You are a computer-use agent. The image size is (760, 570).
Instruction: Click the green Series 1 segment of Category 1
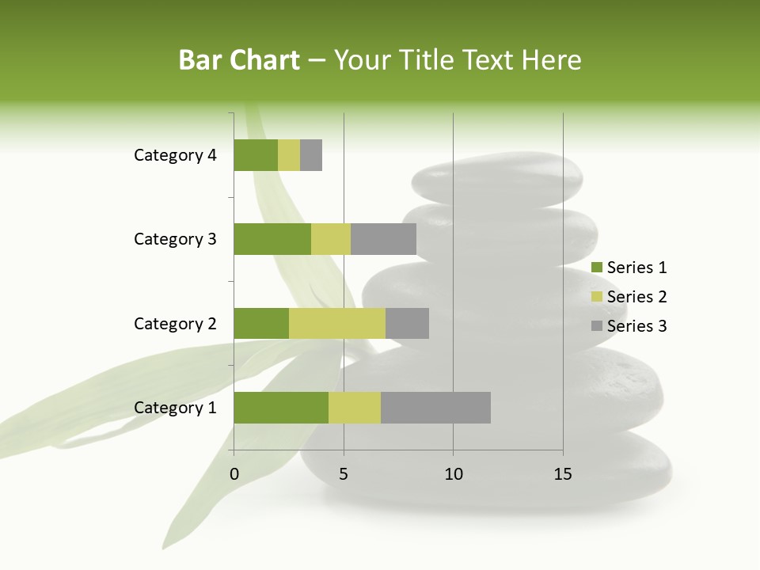click(281, 408)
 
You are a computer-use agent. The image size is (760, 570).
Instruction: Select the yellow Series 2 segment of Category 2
click(337, 323)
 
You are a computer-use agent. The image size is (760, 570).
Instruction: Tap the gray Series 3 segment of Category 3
click(383, 239)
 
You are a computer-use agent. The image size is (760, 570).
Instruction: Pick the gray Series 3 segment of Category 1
click(435, 408)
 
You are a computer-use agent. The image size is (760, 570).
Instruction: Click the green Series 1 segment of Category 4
click(256, 155)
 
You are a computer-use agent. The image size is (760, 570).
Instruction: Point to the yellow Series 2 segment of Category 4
click(289, 155)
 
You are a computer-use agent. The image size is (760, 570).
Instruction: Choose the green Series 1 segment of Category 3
click(272, 239)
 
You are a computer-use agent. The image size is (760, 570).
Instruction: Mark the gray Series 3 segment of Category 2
click(407, 323)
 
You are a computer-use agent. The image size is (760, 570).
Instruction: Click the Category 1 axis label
click(175, 408)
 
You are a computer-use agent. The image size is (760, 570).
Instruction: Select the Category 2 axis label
click(175, 324)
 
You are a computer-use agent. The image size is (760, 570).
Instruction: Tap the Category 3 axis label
click(175, 239)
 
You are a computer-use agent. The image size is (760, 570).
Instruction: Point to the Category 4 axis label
click(175, 155)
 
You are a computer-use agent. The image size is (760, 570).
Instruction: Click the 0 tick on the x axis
click(234, 475)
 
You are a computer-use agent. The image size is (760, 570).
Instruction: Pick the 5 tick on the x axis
click(344, 475)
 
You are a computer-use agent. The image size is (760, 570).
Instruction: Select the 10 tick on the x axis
click(453, 475)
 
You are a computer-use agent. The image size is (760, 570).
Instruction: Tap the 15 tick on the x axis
click(563, 475)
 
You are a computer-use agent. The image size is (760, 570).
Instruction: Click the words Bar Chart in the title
click(239, 60)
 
